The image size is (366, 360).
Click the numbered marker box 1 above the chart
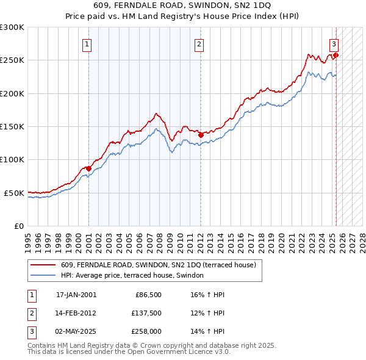pyautogui.click(x=87, y=44)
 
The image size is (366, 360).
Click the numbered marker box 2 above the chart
pyautogui.click(x=199, y=44)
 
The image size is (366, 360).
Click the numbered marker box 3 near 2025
pyautogui.click(x=334, y=44)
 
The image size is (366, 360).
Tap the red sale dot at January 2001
pyautogui.click(x=88, y=168)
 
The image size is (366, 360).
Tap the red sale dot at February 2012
pyautogui.click(x=201, y=135)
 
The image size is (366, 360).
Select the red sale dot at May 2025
pyautogui.click(x=336, y=56)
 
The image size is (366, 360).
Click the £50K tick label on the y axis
pyautogui.click(x=15, y=193)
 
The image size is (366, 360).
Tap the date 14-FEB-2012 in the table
pyautogui.click(x=76, y=313)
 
